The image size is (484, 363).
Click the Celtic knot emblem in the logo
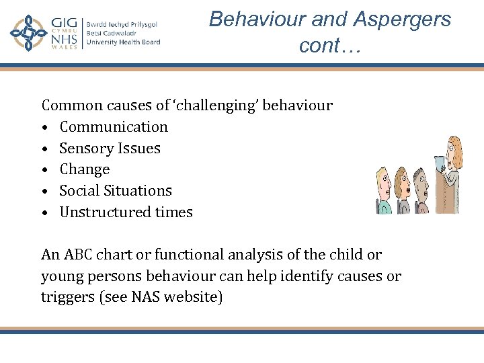coord(28,33)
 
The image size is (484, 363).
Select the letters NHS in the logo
coord(65,42)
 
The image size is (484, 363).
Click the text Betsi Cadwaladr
coord(110,33)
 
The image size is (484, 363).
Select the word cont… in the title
coord(330,45)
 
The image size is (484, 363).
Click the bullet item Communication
coord(114,126)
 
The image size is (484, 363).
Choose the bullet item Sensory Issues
coord(110,148)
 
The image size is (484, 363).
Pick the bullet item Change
coord(84,169)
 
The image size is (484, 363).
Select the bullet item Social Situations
coord(116,190)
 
